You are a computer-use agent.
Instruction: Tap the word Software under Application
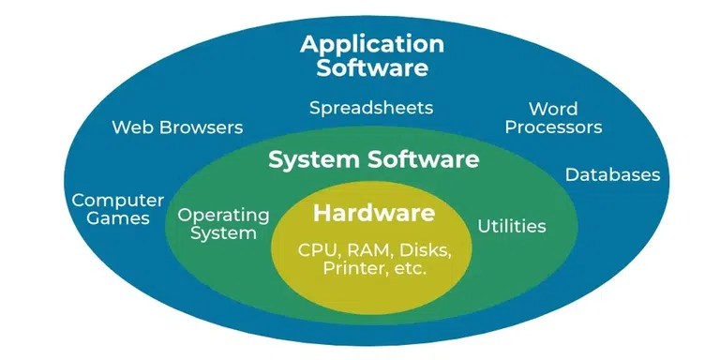click(373, 67)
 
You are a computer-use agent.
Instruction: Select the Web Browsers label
click(177, 127)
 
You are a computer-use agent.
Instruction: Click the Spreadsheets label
click(372, 107)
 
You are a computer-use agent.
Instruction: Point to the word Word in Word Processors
click(553, 109)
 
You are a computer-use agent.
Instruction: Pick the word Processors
click(553, 127)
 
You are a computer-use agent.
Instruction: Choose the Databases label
click(613, 175)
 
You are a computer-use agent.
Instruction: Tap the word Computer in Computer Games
click(118, 200)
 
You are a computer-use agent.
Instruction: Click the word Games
click(118, 218)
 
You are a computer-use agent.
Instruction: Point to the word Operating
click(224, 215)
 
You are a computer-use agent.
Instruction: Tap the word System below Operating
click(224, 233)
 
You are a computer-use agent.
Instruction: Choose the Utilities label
click(512, 226)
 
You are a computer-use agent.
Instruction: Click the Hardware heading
click(374, 214)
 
